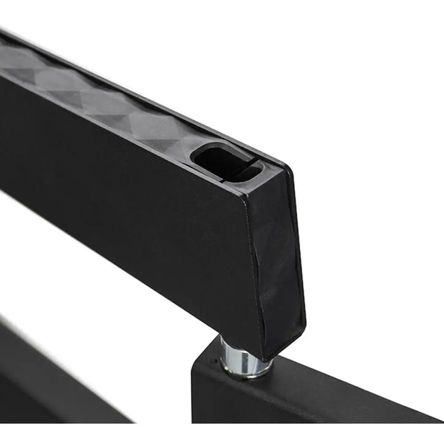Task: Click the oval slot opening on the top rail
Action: click(x=225, y=162)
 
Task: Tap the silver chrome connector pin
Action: click(x=244, y=358)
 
